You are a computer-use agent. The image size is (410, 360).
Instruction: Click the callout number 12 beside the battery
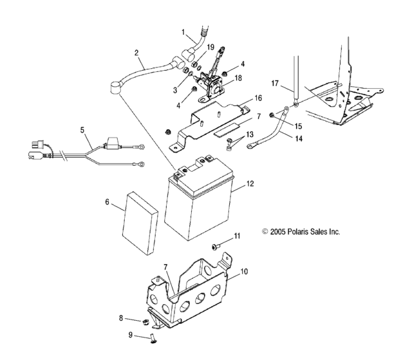pos(250,184)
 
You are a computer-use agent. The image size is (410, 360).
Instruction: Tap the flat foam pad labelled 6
pos(140,223)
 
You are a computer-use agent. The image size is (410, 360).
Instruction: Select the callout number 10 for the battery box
pos(244,271)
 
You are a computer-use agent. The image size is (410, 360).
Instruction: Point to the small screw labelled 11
pos(216,246)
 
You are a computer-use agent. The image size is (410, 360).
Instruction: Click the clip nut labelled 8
pos(145,322)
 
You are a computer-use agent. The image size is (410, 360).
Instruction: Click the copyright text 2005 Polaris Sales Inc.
pos(301,231)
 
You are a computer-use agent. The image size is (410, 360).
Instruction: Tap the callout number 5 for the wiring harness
pos(82,130)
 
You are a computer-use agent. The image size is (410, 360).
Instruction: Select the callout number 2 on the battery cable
pos(136,53)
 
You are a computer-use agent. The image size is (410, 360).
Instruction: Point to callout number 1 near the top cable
pos(183,32)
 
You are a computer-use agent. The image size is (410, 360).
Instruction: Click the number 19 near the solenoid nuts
pos(210,48)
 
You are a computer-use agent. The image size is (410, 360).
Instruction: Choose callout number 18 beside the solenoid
pos(238,78)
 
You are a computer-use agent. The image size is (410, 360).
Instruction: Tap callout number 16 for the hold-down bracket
pos(258,98)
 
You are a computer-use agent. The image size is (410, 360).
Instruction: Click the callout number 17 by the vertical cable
pos(275,84)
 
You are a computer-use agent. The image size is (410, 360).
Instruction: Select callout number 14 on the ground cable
pos(299,138)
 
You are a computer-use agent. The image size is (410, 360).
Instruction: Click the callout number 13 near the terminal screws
pos(250,134)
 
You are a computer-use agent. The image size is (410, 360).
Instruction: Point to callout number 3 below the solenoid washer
pos(175,91)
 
